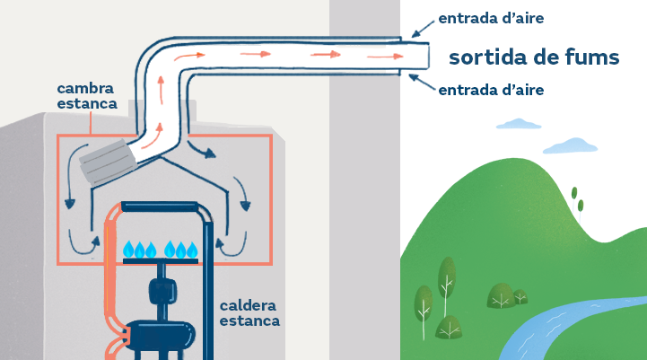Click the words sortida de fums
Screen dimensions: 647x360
click(534, 57)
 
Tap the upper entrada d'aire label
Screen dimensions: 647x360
click(491, 18)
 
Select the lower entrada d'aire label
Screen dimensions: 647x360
click(491, 90)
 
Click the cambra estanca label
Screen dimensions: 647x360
click(87, 96)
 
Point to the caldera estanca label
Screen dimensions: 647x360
click(249, 313)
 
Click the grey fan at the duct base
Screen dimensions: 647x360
click(108, 162)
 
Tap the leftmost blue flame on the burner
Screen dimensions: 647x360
click(128, 249)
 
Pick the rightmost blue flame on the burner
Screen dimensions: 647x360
click(192, 249)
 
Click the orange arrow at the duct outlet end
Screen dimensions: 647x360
click(385, 57)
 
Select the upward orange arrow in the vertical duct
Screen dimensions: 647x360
click(161, 90)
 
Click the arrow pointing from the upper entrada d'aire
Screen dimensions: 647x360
click(423, 29)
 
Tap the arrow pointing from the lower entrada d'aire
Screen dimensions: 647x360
click(422, 82)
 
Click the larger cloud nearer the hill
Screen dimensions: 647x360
click(570, 145)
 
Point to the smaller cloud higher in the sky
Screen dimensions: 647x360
click(519, 123)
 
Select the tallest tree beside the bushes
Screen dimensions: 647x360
click(447, 285)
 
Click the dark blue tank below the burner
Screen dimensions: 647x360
click(161, 334)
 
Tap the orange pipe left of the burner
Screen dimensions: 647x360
click(110, 281)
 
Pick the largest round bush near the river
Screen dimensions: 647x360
click(502, 295)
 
